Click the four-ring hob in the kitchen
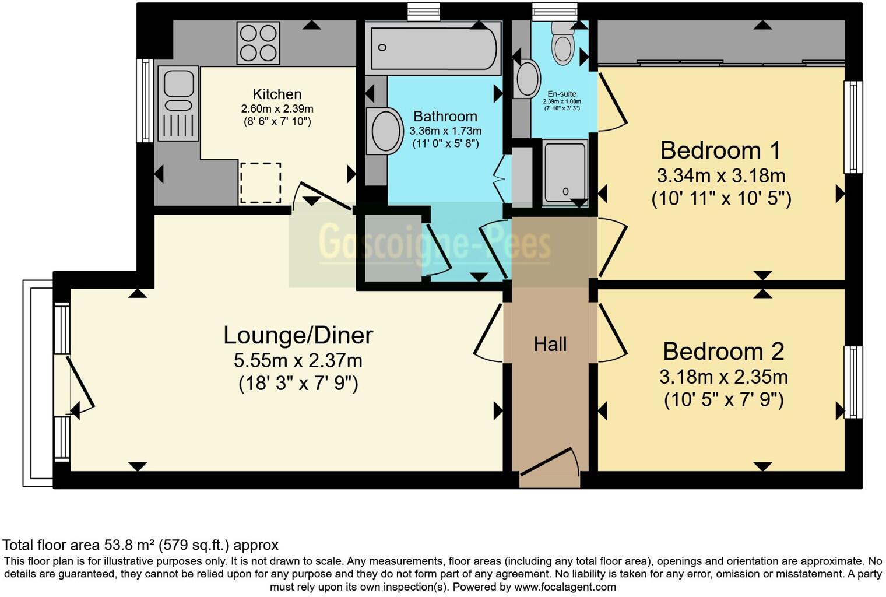click(258, 43)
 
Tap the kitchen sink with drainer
click(178, 103)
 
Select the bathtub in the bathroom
click(434, 48)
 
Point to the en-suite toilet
click(563, 43)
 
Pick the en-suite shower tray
click(564, 172)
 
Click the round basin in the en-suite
click(528, 78)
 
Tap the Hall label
click(550, 345)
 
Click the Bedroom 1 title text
click(720, 150)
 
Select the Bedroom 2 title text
click(723, 352)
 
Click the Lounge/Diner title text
click(298, 335)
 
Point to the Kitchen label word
click(277, 94)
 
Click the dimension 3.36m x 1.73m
click(445, 131)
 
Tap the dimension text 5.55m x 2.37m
click(298, 361)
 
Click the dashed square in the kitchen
click(260, 183)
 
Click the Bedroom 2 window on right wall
click(853, 382)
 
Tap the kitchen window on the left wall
click(144, 100)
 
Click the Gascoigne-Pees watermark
click(434, 244)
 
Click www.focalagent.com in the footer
click(565, 587)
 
